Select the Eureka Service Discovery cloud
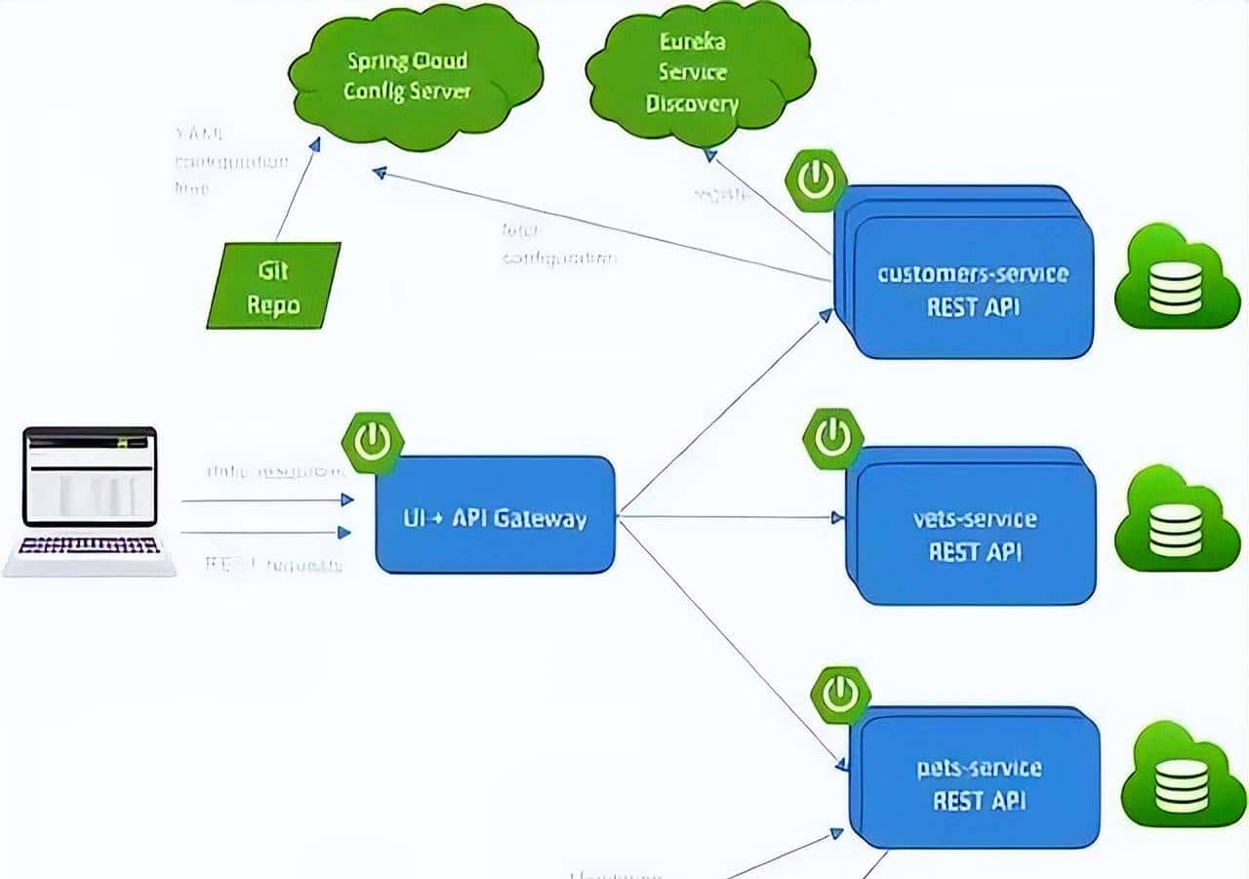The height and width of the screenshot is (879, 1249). [x=699, y=73]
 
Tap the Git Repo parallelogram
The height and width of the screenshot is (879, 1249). [x=273, y=286]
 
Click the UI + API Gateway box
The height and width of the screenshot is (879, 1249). [x=496, y=516]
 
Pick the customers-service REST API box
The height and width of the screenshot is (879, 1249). [x=972, y=289]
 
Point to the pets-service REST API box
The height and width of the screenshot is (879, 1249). [x=978, y=784]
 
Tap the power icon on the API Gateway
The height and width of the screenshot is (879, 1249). [x=373, y=442]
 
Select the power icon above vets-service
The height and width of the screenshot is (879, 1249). [x=832, y=438]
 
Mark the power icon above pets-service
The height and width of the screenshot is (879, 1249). [x=840, y=695]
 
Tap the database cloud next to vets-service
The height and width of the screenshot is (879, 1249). [x=1176, y=522]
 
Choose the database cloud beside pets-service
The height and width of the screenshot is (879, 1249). [x=1182, y=777]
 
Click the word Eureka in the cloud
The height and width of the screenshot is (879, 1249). [x=692, y=42]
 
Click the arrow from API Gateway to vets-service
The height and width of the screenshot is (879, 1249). [x=732, y=516]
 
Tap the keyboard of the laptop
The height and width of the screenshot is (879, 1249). [x=89, y=545]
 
